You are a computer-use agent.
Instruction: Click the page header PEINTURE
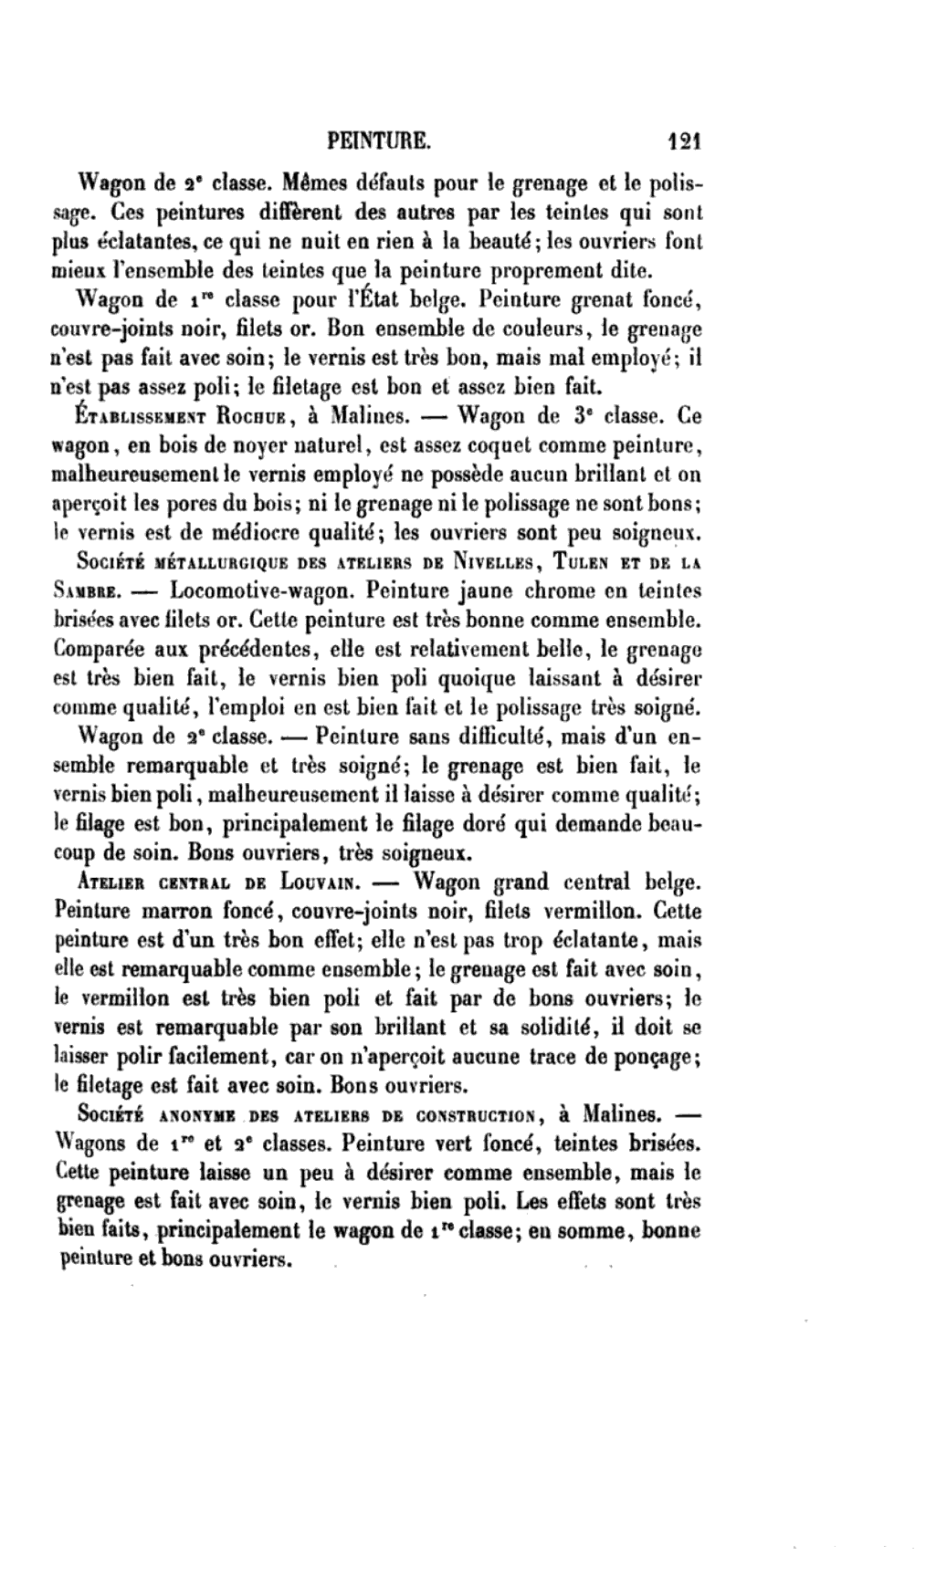tap(377, 141)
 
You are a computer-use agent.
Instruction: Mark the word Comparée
tap(103, 649)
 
